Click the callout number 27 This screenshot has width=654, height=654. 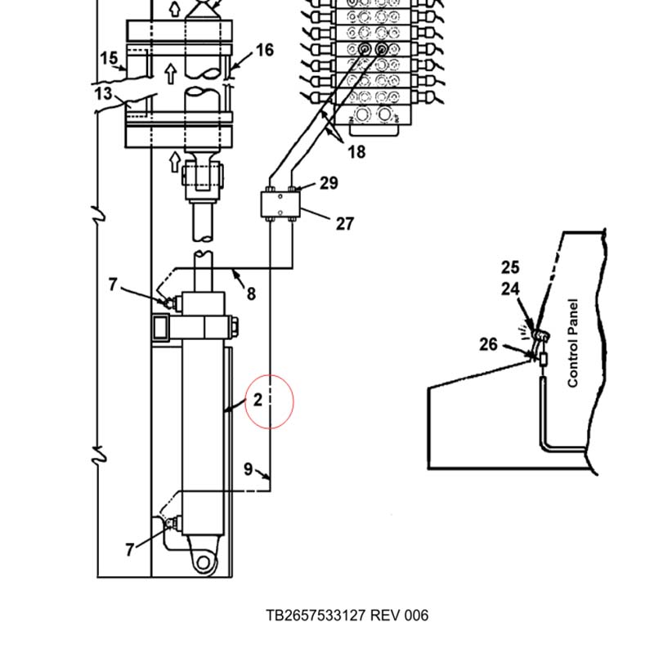coord(345,224)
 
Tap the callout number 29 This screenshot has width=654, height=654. coord(329,183)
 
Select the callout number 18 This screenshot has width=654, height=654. coord(356,152)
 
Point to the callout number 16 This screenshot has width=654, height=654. coord(264,50)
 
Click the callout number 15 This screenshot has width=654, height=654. coord(109,58)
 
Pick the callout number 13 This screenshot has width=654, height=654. coord(104,93)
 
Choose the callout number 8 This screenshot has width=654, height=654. coord(251,293)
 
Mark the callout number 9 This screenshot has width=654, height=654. coord(249,469)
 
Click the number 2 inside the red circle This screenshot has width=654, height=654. coord(258,400)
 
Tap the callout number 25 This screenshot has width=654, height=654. coord(510,267)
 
